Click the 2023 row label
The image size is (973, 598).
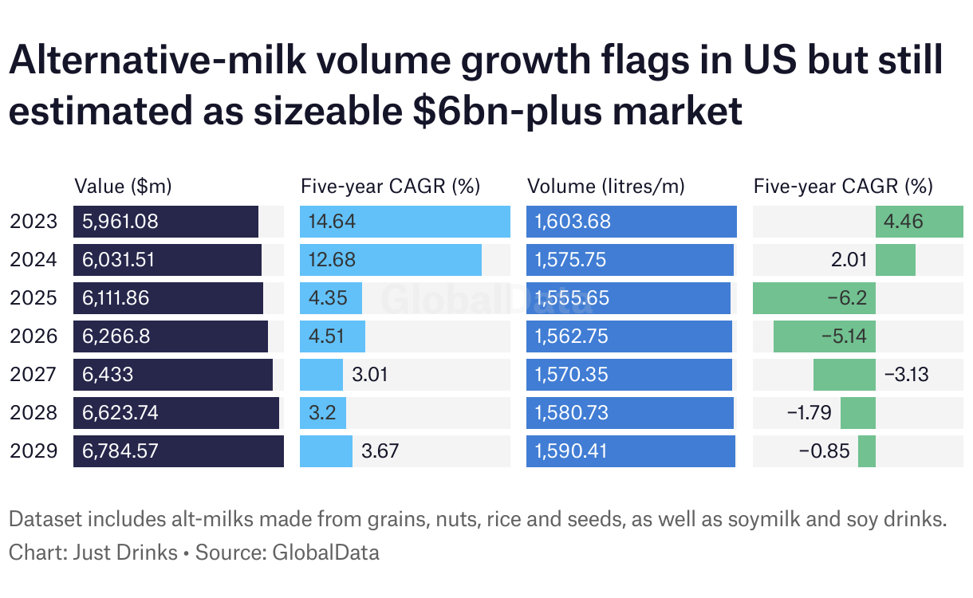coord(33,222)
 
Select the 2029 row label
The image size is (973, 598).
coord(33,451)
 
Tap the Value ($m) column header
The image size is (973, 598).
coord(123,187)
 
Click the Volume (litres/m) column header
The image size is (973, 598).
coord(606,187)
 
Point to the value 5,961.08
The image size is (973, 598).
coord(120,222)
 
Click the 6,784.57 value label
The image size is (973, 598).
coord(120,451)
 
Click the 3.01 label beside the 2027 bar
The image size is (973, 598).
coord(370,375)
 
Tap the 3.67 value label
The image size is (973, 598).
coord(380,451)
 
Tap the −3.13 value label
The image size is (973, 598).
coord(907,375)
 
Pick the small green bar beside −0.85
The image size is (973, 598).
coord(867,451)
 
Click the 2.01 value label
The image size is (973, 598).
coord(850,260)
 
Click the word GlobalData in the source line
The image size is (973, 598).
coord(326,552)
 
